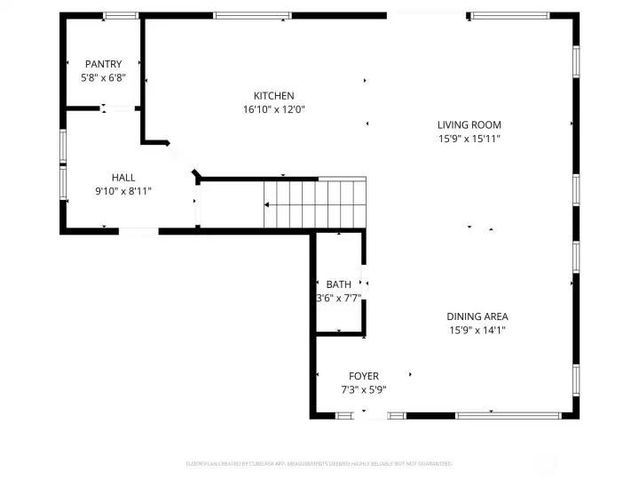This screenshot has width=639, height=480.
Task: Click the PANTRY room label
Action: (103, 64)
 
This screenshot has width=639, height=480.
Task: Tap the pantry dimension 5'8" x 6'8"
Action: (103, 77)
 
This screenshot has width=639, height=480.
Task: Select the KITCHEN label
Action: (273, 96)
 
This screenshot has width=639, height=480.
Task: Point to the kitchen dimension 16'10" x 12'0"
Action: (273, 110)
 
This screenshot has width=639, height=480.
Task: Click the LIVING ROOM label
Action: (469, 125)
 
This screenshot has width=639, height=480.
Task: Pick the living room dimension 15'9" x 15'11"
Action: (469, 139)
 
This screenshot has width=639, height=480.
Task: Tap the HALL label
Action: (123, 178)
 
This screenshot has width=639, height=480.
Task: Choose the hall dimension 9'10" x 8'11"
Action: (123, 191)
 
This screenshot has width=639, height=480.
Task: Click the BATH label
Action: (338, 284)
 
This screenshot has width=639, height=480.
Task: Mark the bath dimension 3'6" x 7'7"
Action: (338, 298)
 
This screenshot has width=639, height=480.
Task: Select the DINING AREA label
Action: (477, 316)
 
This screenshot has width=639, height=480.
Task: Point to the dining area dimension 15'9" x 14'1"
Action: (477, 330)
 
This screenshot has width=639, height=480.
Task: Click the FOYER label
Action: (363, 376)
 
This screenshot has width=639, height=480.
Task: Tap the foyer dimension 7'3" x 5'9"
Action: (363, 389)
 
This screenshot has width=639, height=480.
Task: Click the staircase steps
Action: (315, 204)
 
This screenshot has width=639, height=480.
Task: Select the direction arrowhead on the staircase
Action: (266, 205)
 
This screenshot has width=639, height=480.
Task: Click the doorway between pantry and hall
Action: (117, 108)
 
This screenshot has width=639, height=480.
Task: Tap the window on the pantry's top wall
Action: (120, 16)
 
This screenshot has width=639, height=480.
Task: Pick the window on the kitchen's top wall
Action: (252, 16)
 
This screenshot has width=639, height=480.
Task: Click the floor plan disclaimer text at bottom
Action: (319, 463)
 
